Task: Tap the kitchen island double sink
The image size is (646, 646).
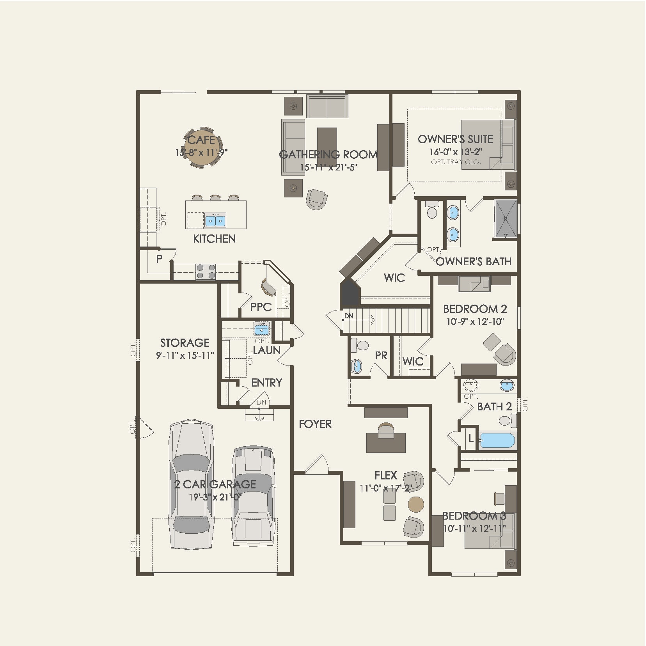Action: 215,220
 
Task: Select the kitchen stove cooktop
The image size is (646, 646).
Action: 206,271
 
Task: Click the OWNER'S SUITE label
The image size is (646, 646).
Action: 455,139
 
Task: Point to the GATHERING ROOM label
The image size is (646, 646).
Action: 328,154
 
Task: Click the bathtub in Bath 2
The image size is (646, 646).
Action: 497,440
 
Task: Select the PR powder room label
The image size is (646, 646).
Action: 381,355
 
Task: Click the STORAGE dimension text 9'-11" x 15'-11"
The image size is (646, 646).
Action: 185,355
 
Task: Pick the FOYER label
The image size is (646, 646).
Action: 315,424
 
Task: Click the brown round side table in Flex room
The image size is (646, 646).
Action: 416,504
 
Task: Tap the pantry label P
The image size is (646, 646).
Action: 159,259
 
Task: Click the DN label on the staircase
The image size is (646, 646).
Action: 349,316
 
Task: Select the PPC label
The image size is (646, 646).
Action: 261,307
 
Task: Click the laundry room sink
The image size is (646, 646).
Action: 261,330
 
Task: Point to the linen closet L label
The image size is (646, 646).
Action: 471,439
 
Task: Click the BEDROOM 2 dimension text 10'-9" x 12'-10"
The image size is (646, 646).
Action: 475,322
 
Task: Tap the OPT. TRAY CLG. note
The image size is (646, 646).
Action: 456,162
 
